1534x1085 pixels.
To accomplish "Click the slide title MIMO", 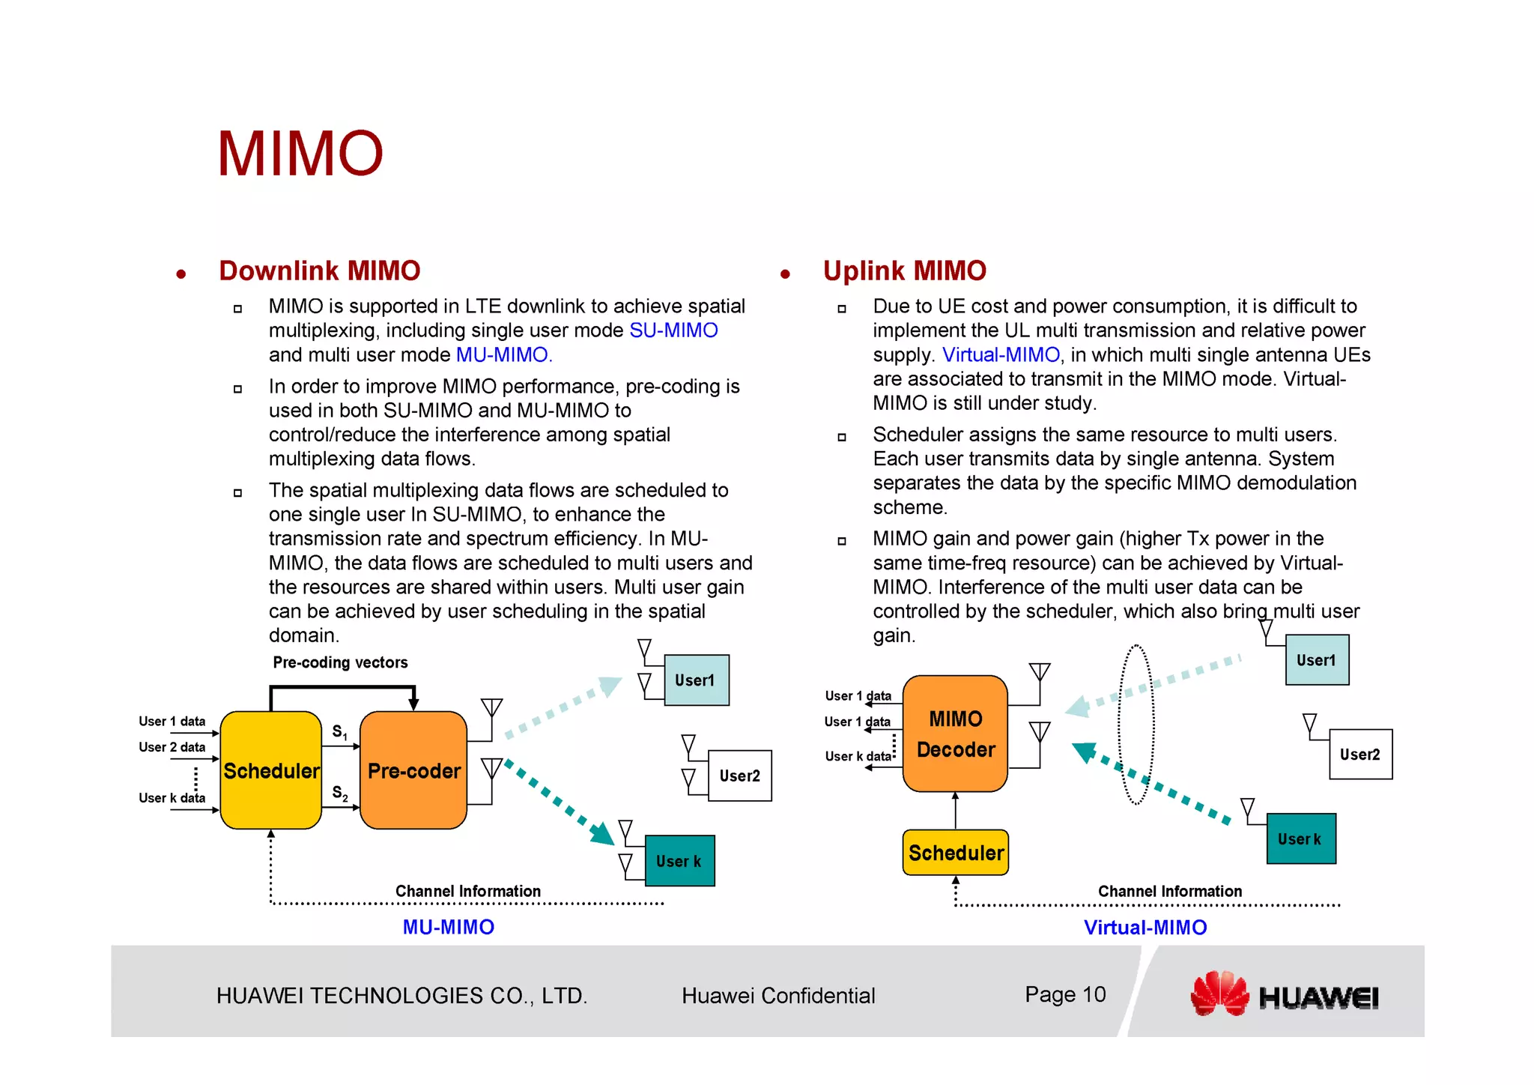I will coord(300,154).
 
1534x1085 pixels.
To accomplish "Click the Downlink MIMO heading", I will coord(319,271).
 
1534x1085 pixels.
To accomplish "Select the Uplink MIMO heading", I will coord(904,271).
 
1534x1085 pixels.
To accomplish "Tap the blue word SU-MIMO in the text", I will coord(673,330).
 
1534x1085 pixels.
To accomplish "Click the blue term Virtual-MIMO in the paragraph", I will coord(1000,354).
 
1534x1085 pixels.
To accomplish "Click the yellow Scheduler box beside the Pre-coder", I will coord(271,770).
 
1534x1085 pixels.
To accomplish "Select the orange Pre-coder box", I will coord(413,770).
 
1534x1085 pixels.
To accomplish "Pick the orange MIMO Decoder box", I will coord(955,734).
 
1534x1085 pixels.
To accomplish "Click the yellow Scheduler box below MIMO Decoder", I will coord(955,853).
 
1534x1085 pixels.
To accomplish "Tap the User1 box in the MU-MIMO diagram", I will coord(696,680).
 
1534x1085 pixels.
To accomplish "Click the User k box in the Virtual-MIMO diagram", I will coord(1300,838).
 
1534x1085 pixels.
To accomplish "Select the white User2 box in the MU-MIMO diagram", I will coord(739,776).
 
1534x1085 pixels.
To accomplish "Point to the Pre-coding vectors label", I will coord(340,662).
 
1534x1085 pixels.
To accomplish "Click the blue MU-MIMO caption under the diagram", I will coord(448,927).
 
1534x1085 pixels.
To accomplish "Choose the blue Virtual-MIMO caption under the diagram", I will coord(1145,928).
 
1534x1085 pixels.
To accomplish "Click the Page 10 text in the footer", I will coord(1064,994).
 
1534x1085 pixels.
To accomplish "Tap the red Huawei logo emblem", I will coord(1219,994).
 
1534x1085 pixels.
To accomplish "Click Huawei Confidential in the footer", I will coord(777,995).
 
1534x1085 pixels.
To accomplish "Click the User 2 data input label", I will coord(172,747).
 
